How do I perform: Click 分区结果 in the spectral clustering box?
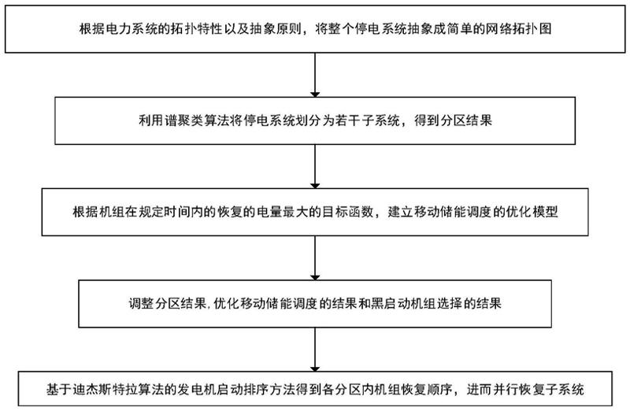click(x=468, y=120)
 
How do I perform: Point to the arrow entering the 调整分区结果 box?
click(x=315, y=259)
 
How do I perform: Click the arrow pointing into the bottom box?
click(x=315, y=346)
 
